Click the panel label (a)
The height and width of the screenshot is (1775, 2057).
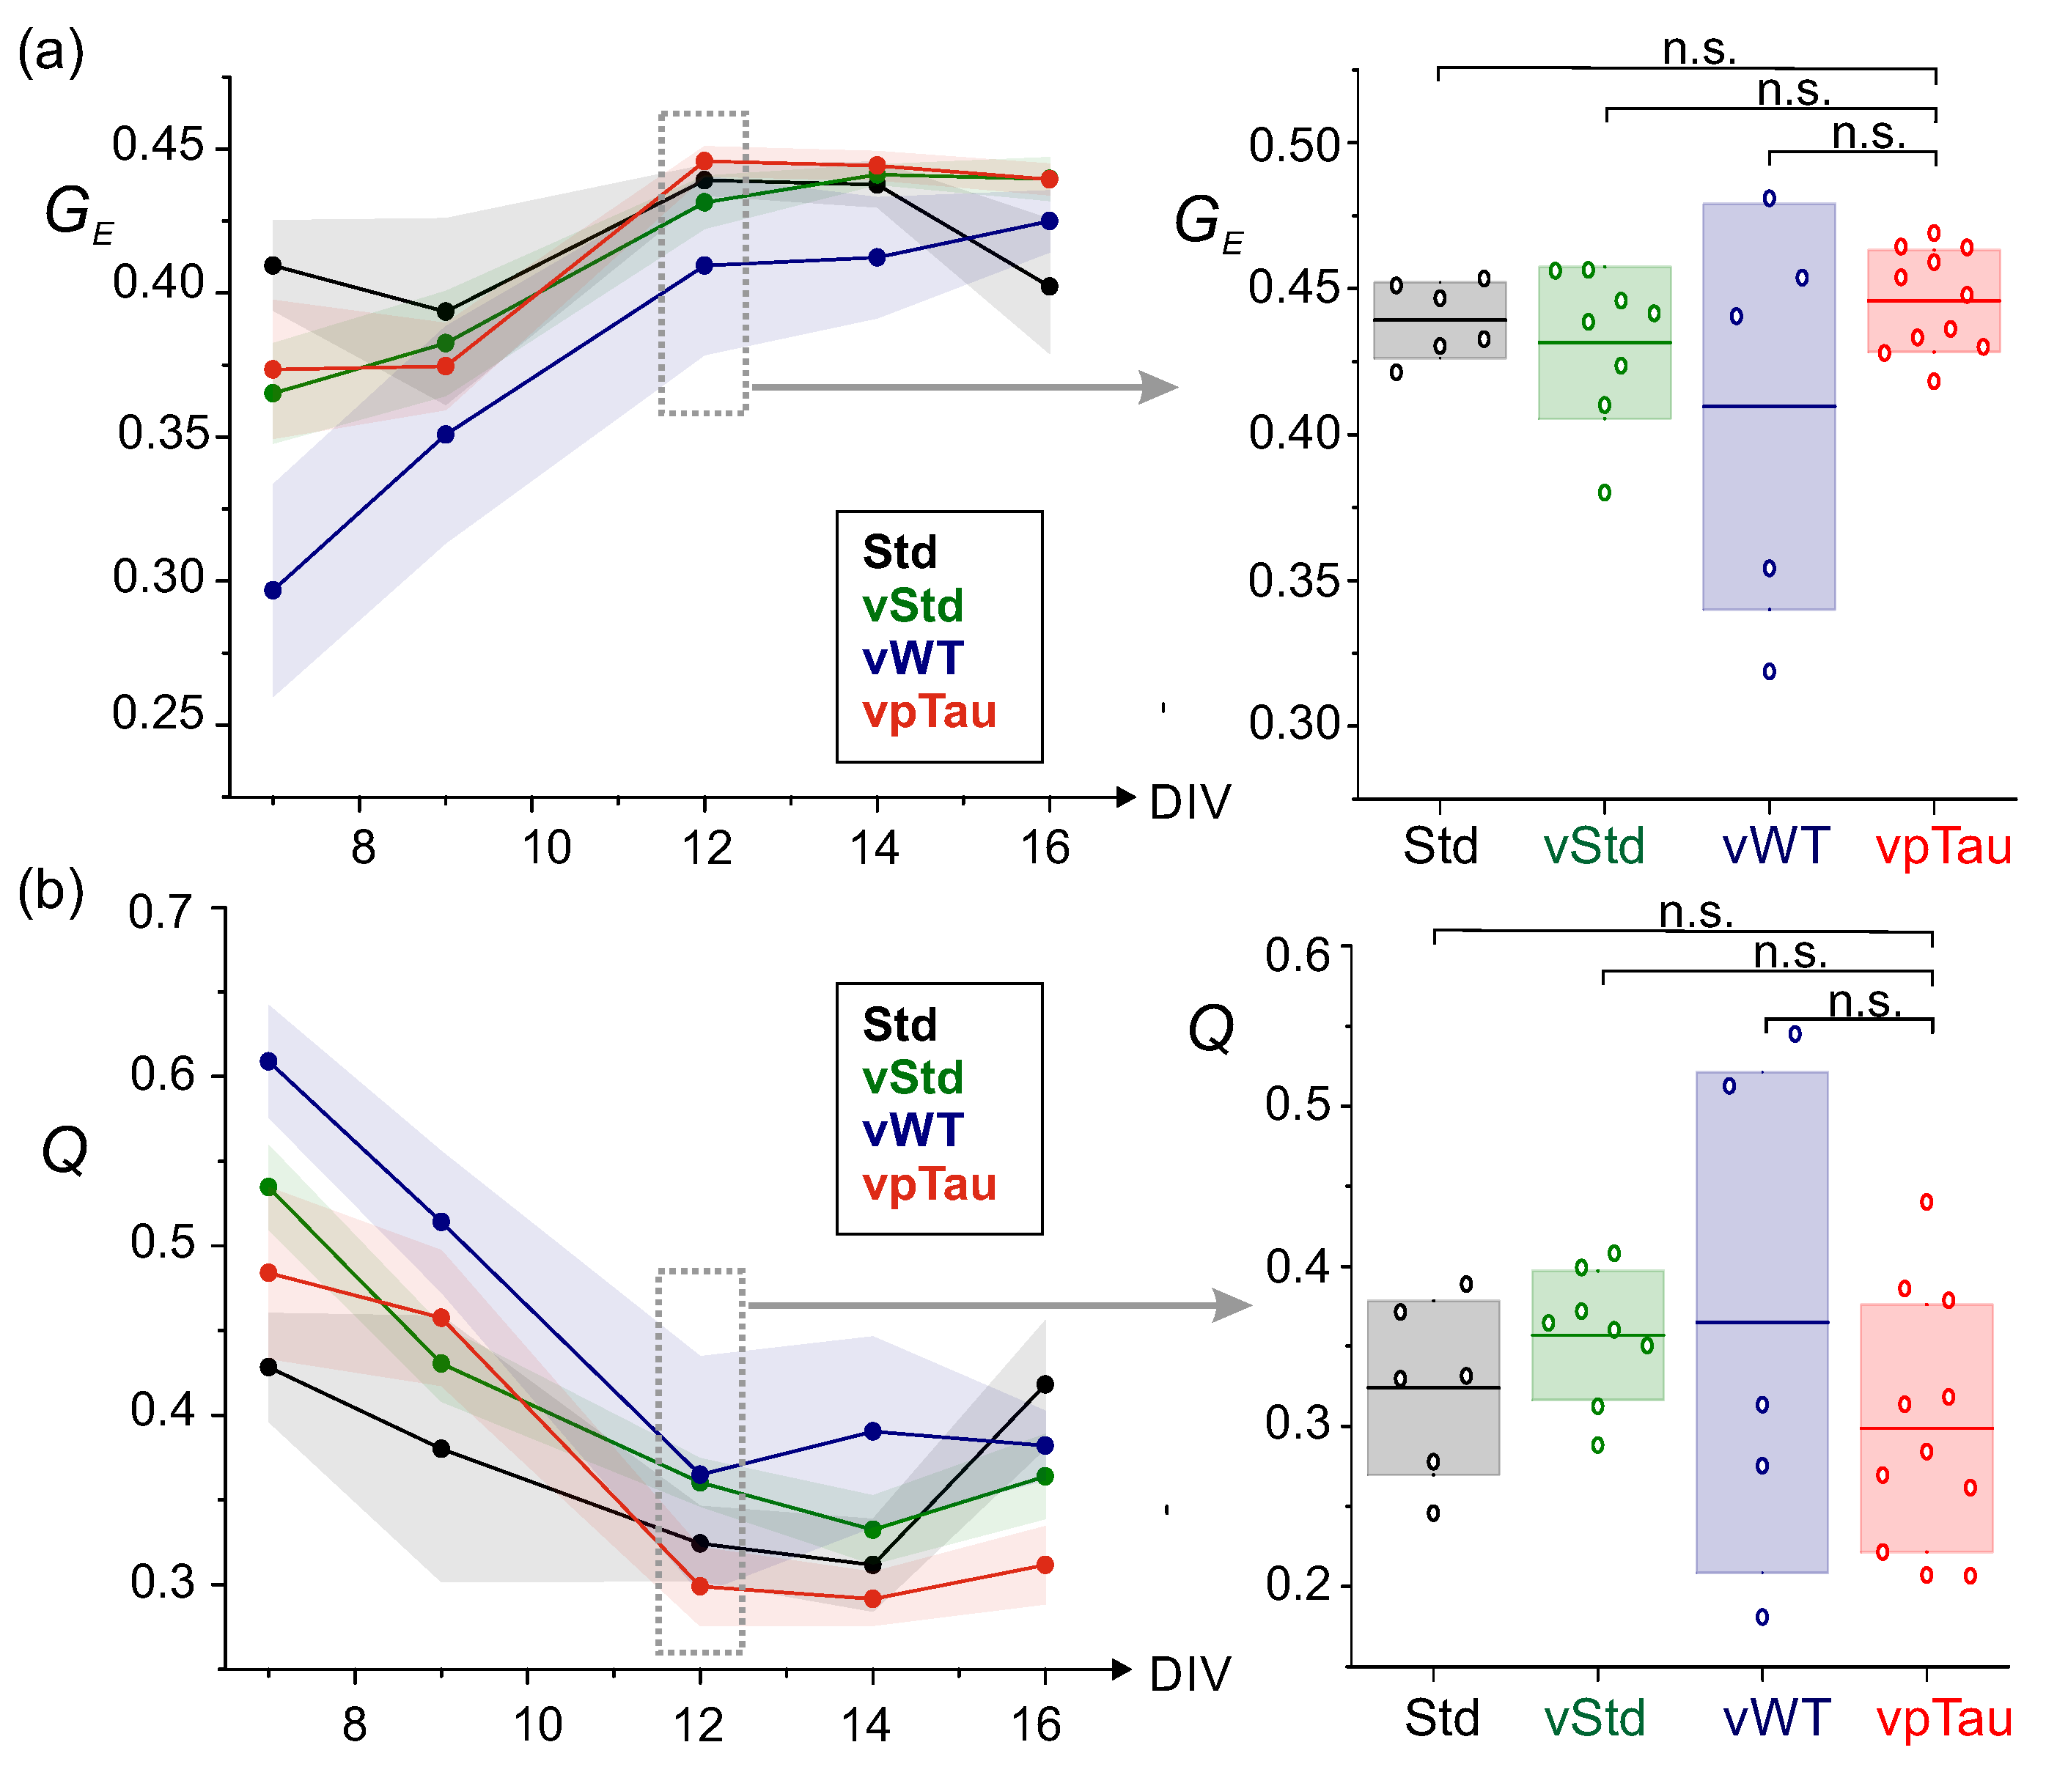click(51, 51)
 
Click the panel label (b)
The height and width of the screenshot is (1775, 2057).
click(51, 890)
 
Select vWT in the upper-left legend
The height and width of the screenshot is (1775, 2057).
click(913, 658)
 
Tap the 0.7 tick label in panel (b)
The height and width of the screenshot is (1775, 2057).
click(160, 912)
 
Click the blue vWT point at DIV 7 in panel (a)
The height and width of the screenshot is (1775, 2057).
click(273, 591)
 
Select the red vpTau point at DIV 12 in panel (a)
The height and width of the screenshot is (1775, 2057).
click(705, 160)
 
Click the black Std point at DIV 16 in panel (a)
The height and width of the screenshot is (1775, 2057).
click(1049, 287)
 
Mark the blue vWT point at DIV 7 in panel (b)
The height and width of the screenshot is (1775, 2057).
click(268, 1061)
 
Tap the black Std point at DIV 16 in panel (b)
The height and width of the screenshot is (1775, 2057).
click(1045, 1384)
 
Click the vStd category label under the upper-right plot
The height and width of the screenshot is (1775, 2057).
click(1594, 846)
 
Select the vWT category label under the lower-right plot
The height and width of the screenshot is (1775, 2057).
click(1776, 1719)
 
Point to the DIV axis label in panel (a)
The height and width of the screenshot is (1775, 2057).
click(1189, 802)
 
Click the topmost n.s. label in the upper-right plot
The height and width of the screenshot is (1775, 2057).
click(1699, 48)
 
